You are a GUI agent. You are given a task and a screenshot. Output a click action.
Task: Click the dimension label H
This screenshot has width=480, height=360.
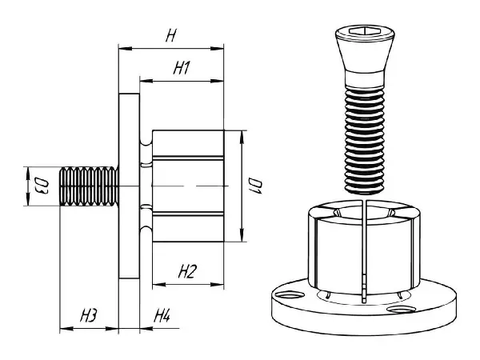pyautogui.click(x=171, y=35)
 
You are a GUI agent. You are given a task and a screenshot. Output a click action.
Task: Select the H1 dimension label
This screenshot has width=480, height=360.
pyautogui.click(x=182, y=68)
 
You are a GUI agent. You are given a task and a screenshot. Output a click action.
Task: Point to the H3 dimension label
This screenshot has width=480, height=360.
pyautogui.click(x=89, y=315)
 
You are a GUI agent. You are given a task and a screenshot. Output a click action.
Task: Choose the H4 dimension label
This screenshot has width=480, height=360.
pyautogui.click(x=162, y=315)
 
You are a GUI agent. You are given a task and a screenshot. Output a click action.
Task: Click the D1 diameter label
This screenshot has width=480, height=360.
pyautogui.click(x=254, y=186)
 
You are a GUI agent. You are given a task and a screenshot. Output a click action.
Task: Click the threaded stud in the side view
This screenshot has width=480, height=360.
pyautogui.click(x=89, y=186)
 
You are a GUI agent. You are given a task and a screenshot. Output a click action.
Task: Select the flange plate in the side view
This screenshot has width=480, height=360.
pyautogui.click(x=129, y=186)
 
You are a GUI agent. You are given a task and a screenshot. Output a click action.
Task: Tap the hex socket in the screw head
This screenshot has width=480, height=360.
pyautogui.click(x=365, y=30)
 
